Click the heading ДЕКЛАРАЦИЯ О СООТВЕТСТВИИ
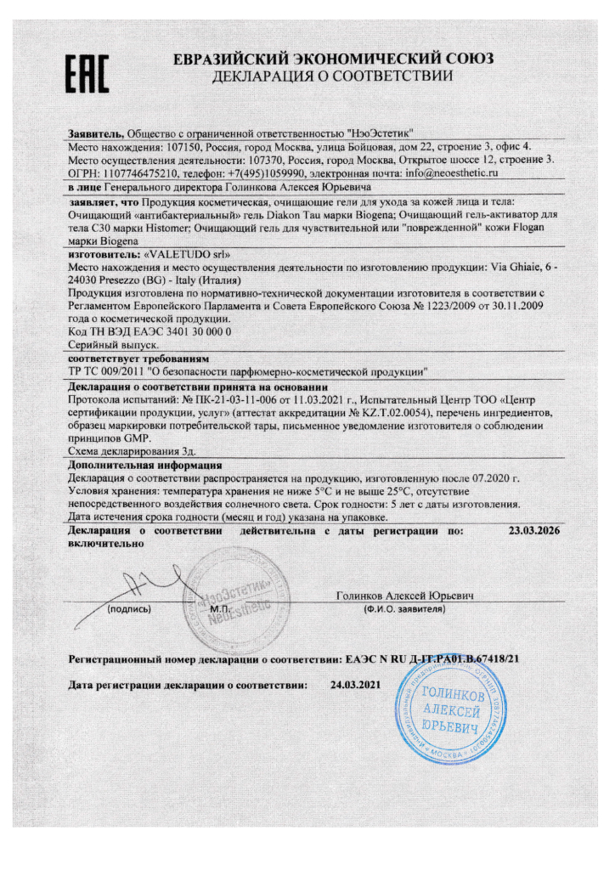[x=333, y=77]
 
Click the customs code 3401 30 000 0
[x=178, y=330]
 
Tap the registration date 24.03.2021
[x=357, y=686]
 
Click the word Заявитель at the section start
[x=95, y=133]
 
